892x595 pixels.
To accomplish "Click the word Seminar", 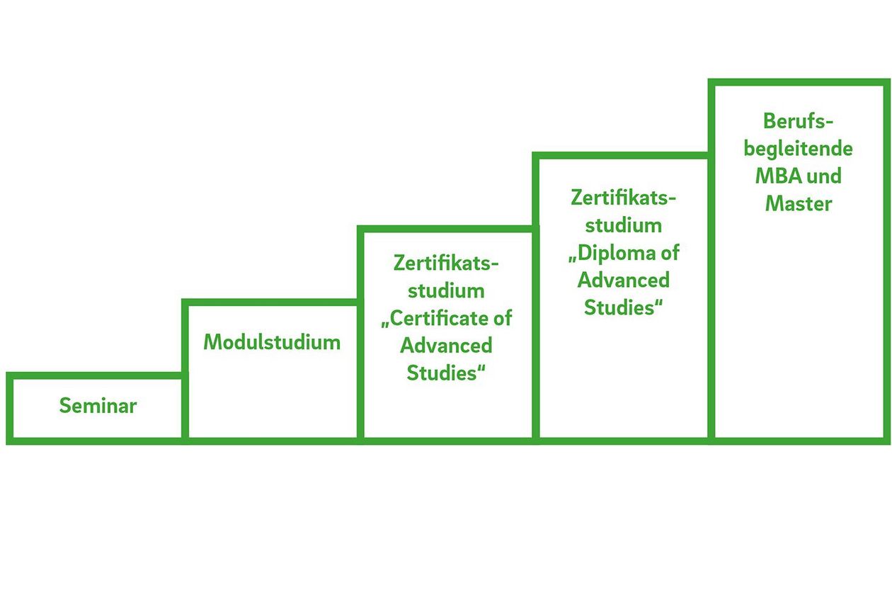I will coord(98,406).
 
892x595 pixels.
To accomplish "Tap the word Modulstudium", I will coord(272,342).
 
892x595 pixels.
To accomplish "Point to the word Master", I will coord(799,204).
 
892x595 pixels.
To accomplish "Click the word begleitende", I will coord(799,149).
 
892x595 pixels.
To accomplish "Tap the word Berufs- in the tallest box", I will coord(799,121).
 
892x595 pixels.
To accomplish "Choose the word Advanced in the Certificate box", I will coord(446,346).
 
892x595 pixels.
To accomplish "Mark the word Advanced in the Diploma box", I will coord(623,280).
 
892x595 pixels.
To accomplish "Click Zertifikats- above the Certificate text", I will coord(446,263).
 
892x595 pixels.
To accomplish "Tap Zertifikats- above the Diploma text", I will coord(623,198).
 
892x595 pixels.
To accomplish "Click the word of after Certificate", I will coord(502,318).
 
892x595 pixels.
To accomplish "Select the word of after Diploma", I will coord(670,253).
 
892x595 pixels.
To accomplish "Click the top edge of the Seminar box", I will coord(95,375).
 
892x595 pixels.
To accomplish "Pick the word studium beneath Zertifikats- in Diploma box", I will coord(623,225).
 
